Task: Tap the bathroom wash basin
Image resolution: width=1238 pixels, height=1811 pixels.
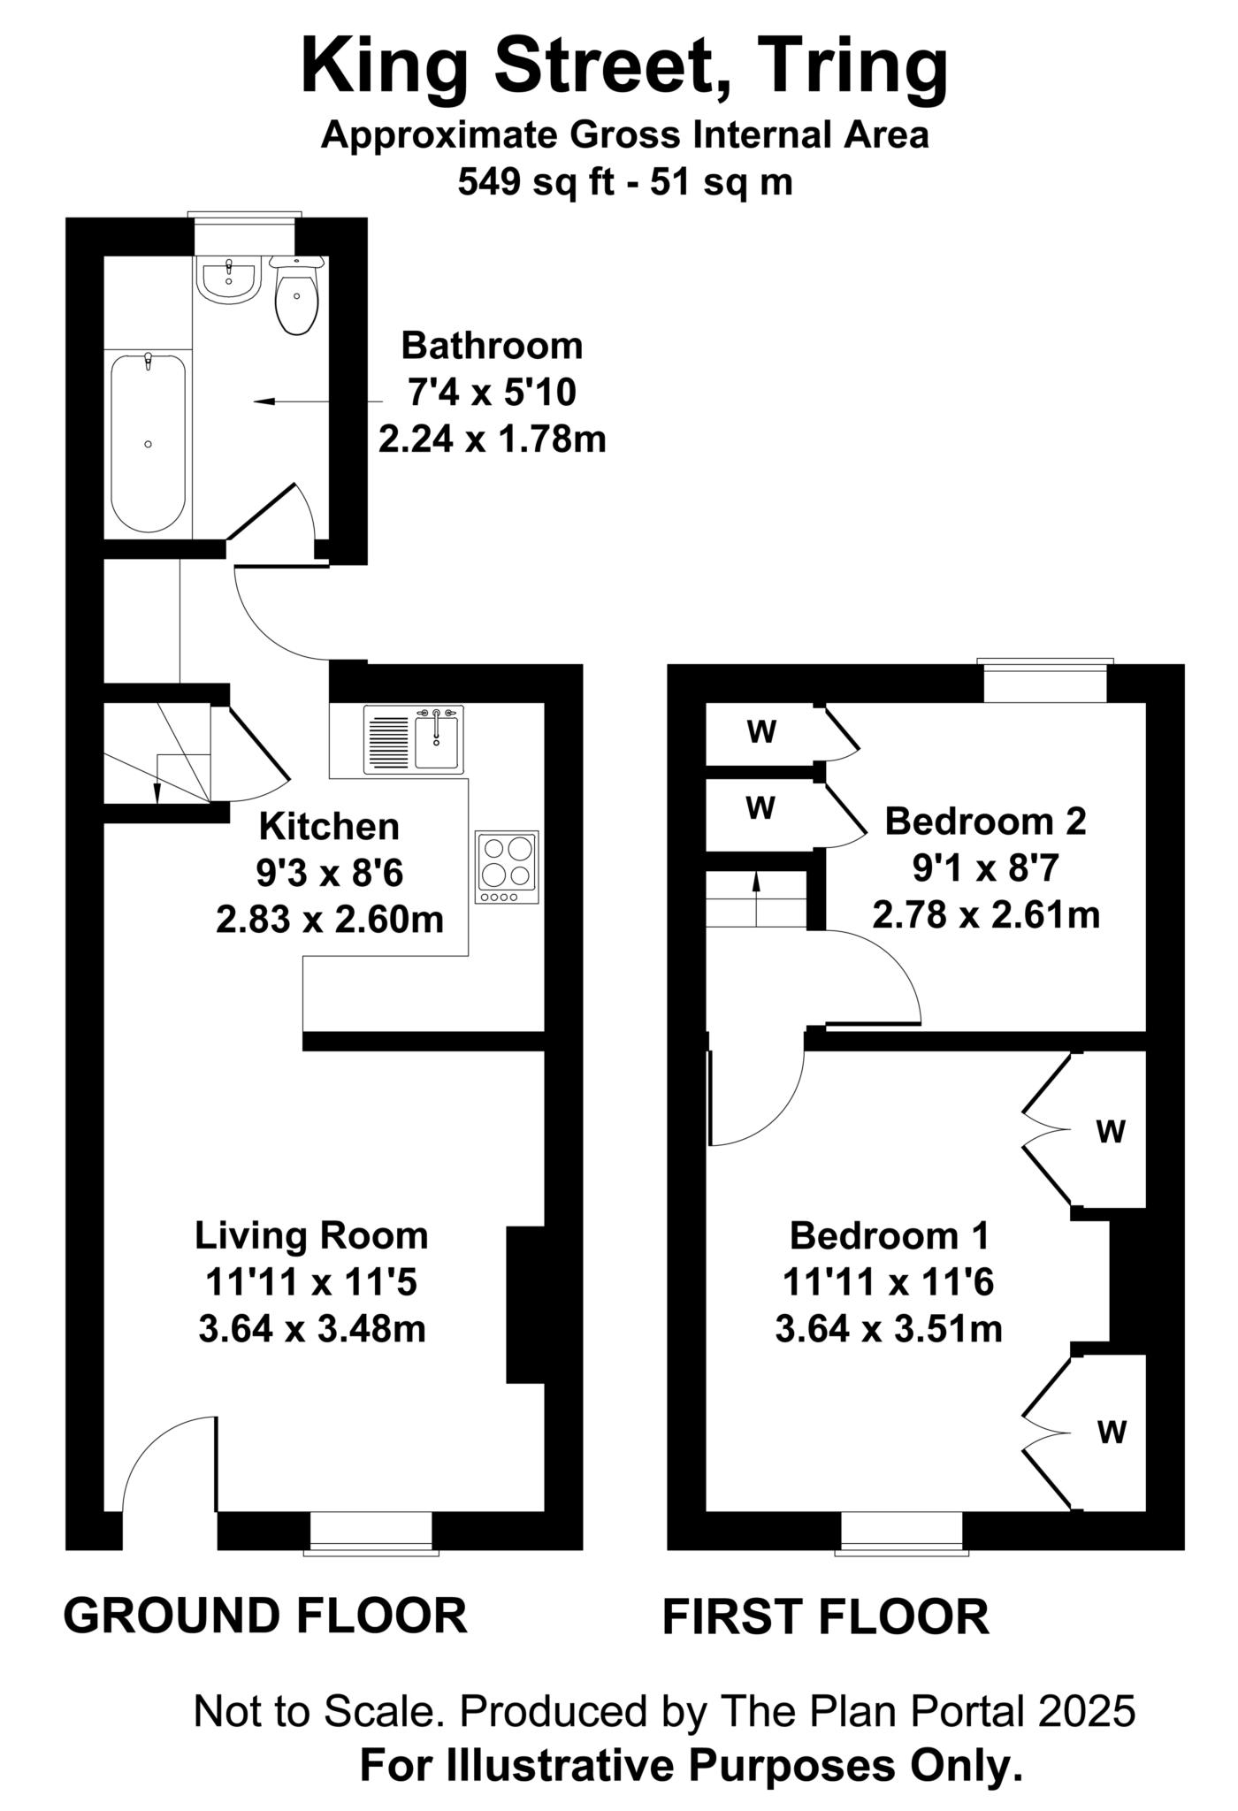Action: pos(228,279)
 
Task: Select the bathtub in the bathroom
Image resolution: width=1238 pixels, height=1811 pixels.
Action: pos(149,442)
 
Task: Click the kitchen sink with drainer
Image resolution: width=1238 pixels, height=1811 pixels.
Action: pos(413,739)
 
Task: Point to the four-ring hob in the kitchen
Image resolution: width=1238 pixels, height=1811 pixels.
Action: pos(507,867)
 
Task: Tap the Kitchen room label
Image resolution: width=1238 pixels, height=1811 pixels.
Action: pos(329,827)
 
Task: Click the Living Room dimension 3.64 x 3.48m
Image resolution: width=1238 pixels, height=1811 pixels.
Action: pos(312,1328)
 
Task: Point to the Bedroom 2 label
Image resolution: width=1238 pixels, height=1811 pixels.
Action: pos(985,821)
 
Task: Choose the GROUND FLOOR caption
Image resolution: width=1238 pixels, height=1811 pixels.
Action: pos(264,1616)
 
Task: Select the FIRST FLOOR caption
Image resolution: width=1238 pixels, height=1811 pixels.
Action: pos(825,1617)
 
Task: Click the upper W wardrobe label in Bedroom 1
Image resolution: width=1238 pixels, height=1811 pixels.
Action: pos(1111,1131)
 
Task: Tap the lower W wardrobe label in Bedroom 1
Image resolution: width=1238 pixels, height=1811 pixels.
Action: pos(1112,1432)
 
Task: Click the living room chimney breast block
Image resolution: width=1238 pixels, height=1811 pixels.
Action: pos(524,1304)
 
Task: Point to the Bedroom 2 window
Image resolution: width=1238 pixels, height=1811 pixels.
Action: pos(1044,682)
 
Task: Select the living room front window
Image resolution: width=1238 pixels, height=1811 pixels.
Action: pos(371,1532)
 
